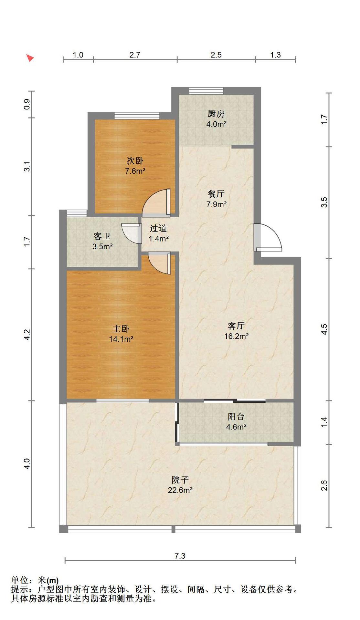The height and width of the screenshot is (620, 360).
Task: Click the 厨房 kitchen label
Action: point(216,114)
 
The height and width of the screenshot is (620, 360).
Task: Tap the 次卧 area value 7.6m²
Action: point(135,171)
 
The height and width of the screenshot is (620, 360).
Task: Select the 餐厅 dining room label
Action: point(216,194)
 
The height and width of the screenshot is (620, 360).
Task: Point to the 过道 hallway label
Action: point(158,228)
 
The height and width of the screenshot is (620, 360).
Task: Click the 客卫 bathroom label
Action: point(102,236)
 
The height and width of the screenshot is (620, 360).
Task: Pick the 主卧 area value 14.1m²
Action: point(121,339)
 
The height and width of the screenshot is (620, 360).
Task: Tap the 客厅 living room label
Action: point(236,325)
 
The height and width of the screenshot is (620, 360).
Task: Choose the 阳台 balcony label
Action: point(236,417)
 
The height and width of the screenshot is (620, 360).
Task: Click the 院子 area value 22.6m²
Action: point(180,490)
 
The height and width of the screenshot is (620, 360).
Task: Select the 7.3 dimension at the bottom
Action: point(180,556)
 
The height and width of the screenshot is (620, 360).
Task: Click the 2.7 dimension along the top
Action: point(135,55)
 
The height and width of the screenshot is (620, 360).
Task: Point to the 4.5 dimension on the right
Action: point(324,329)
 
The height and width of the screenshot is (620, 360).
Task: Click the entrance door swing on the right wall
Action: point(268,237)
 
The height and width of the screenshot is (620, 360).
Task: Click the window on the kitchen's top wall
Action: point(206,91)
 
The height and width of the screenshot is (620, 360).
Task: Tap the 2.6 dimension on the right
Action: point(324,486)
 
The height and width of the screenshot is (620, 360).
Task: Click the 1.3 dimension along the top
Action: point(275,55)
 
